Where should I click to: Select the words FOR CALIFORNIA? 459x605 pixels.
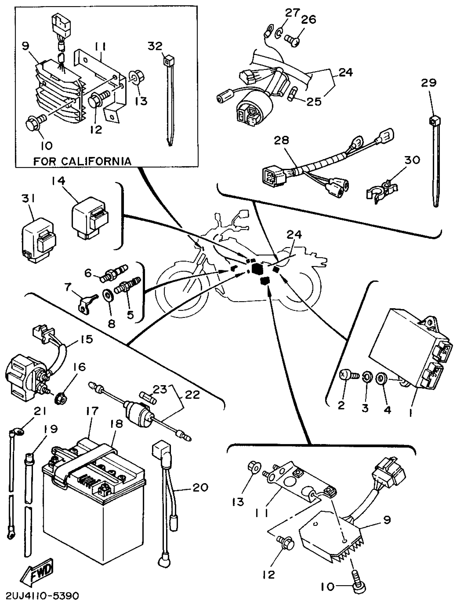[x=82, y=161]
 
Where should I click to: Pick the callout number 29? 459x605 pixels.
[x=428, y=83]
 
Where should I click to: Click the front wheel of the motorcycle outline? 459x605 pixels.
[x=180, y=291]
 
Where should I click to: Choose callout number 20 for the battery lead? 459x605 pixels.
[x=200, y=488]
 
